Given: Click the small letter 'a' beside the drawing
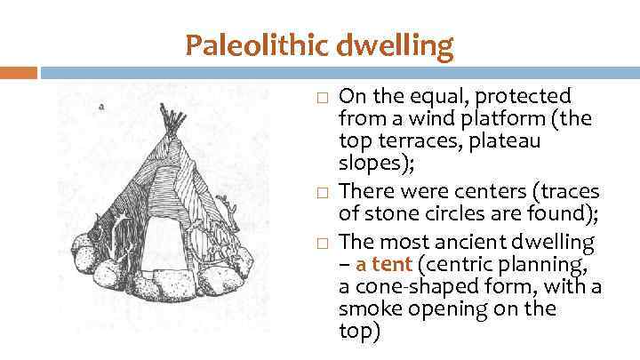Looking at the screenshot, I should [x=101, y=106].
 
